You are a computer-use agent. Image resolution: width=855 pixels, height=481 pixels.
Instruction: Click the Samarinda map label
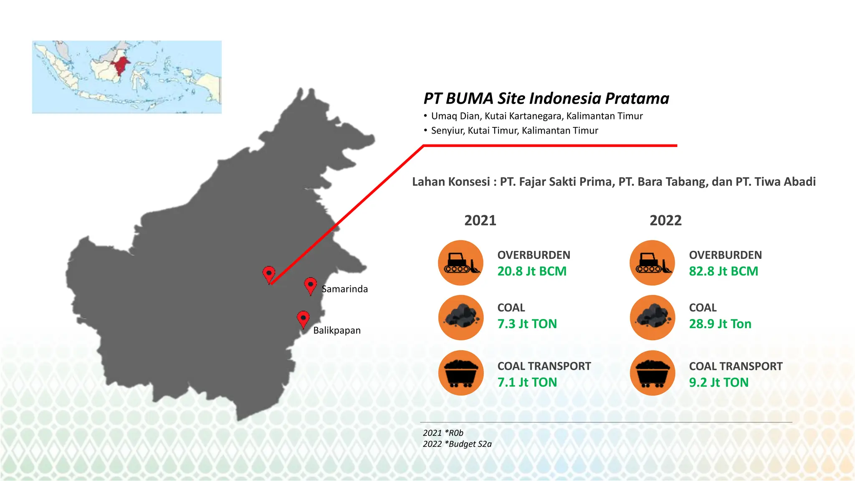(x=344, y=289)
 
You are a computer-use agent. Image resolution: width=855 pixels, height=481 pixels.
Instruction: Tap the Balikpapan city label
(x=336, y=330)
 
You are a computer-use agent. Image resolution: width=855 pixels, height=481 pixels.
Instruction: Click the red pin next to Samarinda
(x=310, y=286)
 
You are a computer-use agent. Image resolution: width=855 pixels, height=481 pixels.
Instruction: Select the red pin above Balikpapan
(x=303, y=319)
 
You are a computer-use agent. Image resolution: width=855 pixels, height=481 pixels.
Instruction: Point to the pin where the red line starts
(x=269, y=274)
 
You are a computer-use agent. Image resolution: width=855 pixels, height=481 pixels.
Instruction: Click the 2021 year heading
(x=480, y=220)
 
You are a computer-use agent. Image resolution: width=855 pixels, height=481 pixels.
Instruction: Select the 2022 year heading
(x=665, y=220)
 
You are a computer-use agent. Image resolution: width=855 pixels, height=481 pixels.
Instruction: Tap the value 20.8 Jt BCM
(x=532, y=271)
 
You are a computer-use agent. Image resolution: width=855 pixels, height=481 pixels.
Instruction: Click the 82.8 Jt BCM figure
(x=723, y=271)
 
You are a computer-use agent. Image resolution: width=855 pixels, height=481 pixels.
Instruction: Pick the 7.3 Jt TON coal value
(x=527, y=324)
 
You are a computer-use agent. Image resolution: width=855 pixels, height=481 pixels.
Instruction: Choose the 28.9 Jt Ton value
(x=720, y=324)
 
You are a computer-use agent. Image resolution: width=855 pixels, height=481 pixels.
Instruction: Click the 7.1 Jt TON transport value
(x=527, y=382)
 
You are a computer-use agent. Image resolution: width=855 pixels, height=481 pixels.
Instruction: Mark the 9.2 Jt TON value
(x=718, y=382)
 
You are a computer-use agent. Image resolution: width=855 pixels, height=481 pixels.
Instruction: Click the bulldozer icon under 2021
(x=461, y=263)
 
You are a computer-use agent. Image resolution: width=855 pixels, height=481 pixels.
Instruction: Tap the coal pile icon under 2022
(x=653, y=318)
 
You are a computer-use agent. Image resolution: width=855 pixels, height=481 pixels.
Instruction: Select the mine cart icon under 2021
(x=461, y=373)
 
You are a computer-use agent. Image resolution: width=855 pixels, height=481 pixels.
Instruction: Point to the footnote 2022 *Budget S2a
(x=457, y=444)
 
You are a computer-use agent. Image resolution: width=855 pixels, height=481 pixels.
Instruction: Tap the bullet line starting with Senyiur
(x=514, y=131)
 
